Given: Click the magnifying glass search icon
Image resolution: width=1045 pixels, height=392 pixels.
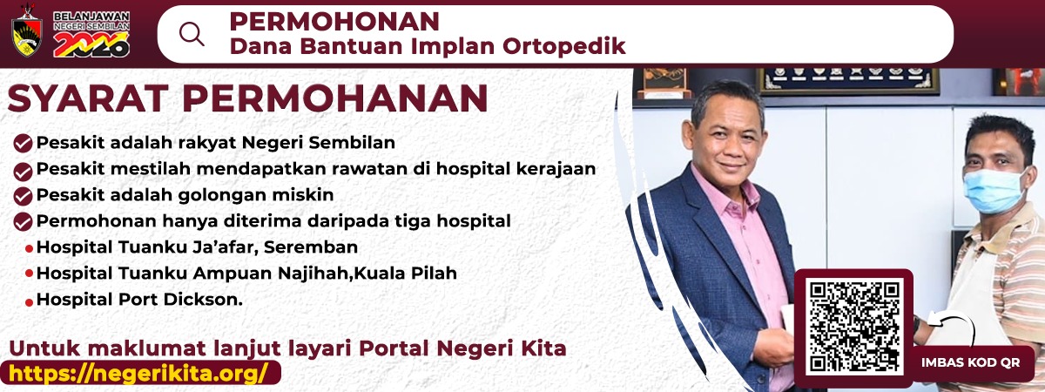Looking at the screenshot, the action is point(192,34).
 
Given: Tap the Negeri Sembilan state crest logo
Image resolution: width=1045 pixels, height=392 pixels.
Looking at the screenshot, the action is point(27,30).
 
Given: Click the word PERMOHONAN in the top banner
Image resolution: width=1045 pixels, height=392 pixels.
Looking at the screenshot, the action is point(334,22).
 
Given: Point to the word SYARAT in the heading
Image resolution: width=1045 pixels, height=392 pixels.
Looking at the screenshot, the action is point(88,98).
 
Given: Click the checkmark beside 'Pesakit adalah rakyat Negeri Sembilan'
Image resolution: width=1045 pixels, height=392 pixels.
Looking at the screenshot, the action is point(23,143).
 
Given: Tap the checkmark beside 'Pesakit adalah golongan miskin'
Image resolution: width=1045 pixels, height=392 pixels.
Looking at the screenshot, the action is point(23,197).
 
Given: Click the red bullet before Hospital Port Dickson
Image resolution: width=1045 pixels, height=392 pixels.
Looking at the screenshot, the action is point(29,302).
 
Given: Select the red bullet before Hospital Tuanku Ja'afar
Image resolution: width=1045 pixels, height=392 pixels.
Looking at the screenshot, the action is point(29,249).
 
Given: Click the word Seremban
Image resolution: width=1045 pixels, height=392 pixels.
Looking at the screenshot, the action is point(311,247).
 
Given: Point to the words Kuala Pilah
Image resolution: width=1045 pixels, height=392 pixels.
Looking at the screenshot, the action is point(406,273).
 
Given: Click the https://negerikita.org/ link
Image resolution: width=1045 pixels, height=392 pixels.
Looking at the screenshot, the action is point(138,374).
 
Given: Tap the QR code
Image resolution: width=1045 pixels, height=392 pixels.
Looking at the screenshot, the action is point(854,327).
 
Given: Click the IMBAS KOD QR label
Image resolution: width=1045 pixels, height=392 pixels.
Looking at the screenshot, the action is point(970,362).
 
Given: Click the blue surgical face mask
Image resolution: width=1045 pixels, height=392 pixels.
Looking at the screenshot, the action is point(994,191).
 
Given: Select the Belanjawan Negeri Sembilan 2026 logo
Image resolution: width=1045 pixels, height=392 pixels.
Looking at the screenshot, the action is point(91,34).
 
